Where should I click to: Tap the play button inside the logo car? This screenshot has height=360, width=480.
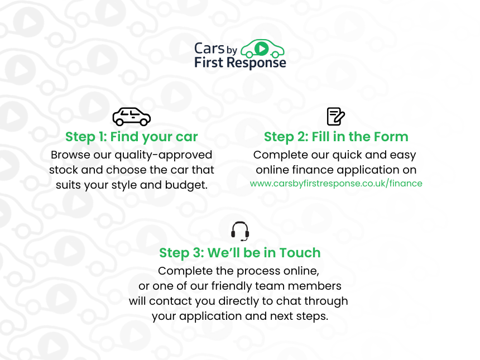pos(261,49)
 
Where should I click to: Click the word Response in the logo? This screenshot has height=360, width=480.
pos(257,63)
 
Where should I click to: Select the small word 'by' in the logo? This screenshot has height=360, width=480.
pos(232,50)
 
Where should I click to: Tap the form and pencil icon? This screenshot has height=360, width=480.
pos(336,116)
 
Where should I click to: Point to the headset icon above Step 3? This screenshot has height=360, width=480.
pos(240,231)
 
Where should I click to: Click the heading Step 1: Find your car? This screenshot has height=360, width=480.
pos(132,137)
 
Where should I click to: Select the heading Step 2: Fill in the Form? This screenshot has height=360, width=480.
pos(336,137)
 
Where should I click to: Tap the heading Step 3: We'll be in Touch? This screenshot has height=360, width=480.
pos(239,253)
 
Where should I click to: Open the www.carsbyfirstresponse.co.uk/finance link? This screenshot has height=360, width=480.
pos(336,184)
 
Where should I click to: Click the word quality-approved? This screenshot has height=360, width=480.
pos(163,155)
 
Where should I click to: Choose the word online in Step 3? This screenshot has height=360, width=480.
pos(301,271)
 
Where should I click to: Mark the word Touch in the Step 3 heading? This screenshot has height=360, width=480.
pos(300,253)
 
